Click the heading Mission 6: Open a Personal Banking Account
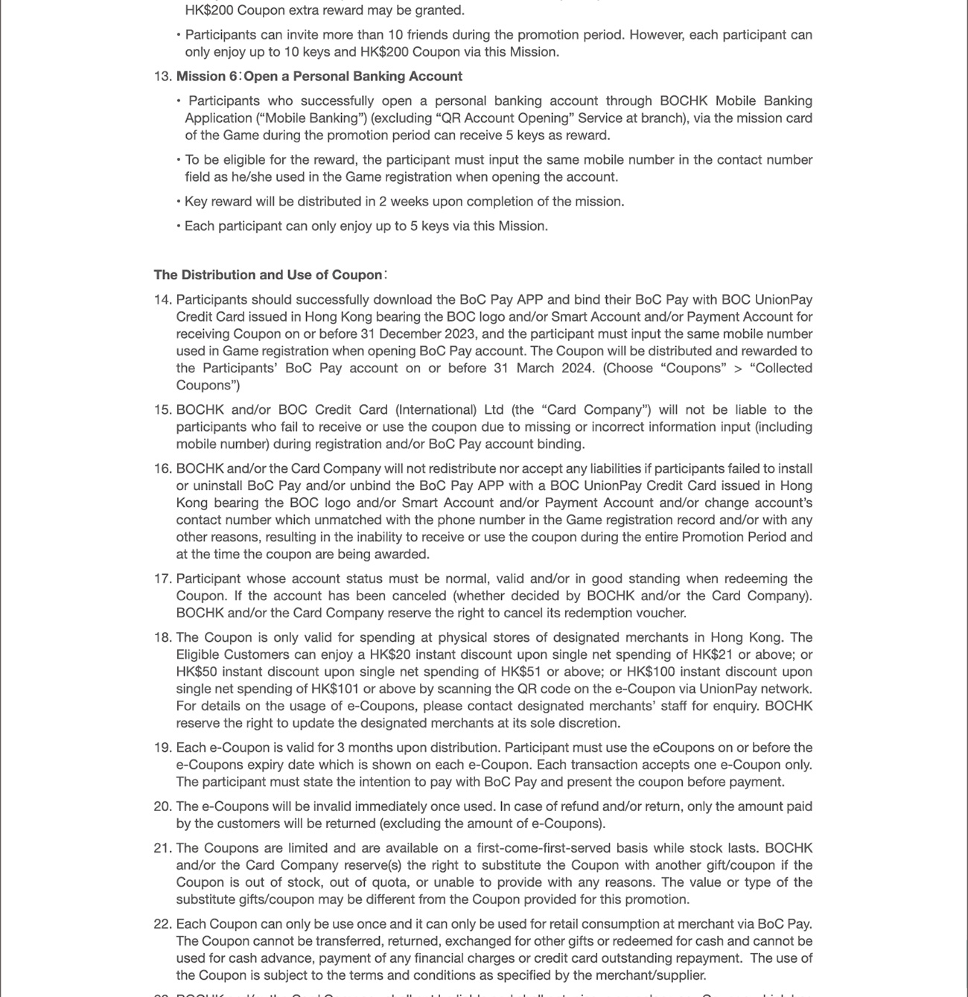pyautogui.click(x=319, y=77)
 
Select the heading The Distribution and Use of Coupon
pyautogui.click(x=268, y=275)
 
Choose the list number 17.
pyautogui.click(x=162, y=579)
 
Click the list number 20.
pyautogui.click(x=162, y=807)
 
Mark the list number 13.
pyautogui.click(x=162, y=77)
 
